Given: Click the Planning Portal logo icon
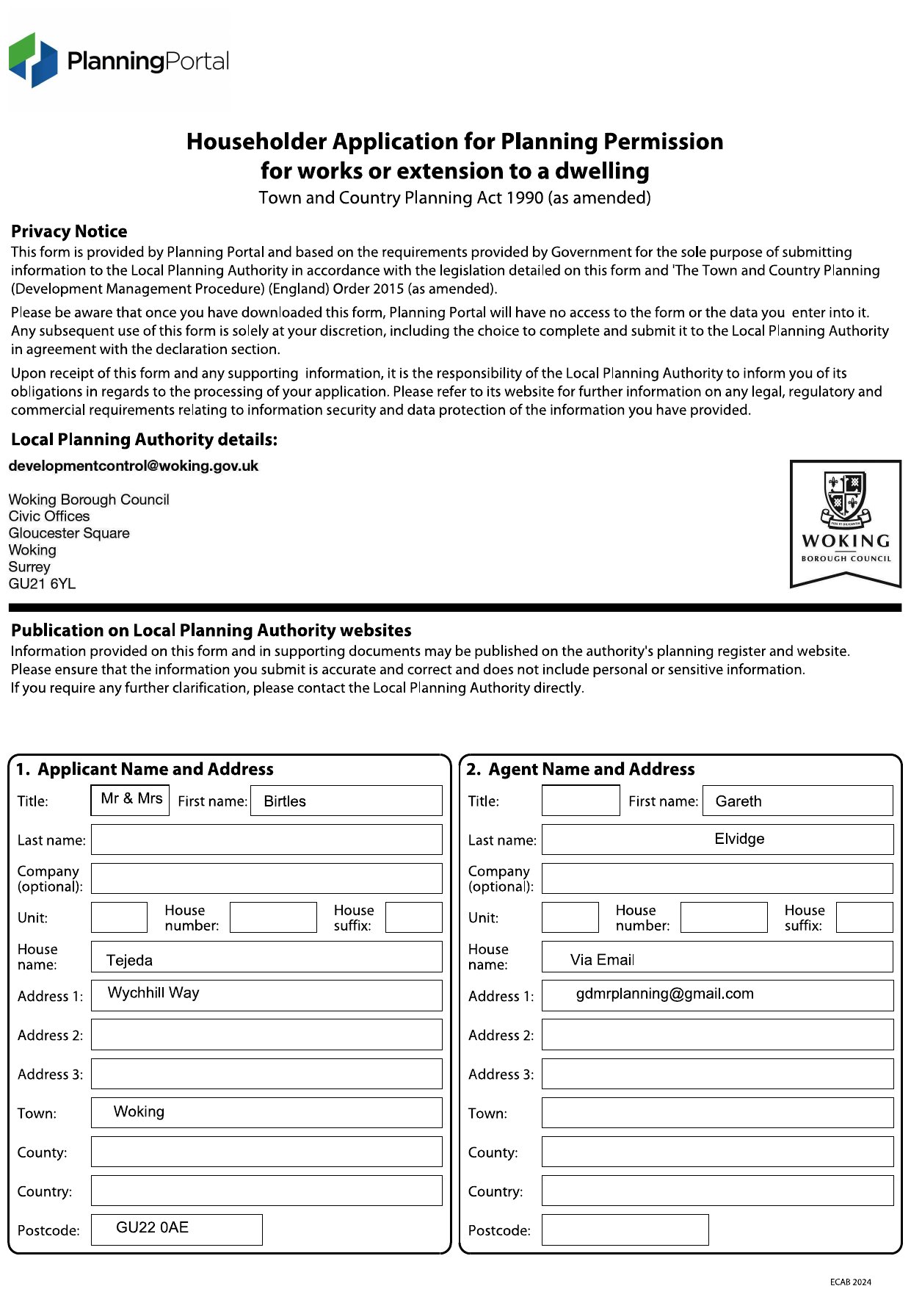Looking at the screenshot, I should click(x=33, y=60).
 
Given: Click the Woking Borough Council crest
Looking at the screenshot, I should click(x=846, y=501).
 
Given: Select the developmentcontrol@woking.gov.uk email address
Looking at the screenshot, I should click(x=134, y=466).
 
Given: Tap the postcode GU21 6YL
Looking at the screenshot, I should click(x=42, y=584).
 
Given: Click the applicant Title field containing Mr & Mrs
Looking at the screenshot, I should click(x=131, y=800).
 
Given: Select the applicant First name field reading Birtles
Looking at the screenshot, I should click(x=346, y=801).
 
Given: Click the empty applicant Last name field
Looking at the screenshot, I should click(x=266, y=840).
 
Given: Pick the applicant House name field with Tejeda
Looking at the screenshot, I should click(x=266, y=958).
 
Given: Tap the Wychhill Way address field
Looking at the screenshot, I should click(x=266, y=995).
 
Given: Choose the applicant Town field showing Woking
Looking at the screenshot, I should click(x=266, y=1112).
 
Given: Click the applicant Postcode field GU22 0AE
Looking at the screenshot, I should click(x=176, y=1229).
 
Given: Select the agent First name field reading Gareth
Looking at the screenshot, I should click(x=797, y=801).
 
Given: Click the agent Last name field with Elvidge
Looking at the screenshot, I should click(x=717, y=840).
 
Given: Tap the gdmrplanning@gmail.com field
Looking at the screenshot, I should click(x=717, y=995).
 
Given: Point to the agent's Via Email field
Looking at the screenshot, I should click(x=717, y=958).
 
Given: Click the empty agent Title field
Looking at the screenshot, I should click(x=581, y=801).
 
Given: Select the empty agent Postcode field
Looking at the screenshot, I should click(x=625, y=1230).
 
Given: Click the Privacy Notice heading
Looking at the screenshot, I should click(x=69, y=231).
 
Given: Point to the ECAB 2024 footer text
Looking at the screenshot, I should click(x=850, y=1282).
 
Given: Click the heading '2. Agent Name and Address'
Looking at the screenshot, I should click(x=581, y=769).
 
